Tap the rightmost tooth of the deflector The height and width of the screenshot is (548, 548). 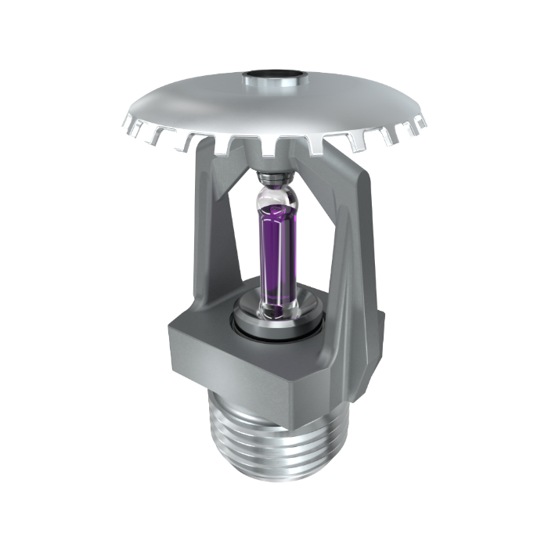(x=420, y=123)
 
